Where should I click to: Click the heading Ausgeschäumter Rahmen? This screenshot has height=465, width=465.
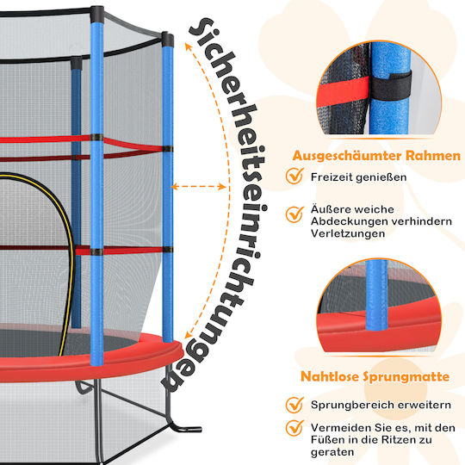(x=376, y=156)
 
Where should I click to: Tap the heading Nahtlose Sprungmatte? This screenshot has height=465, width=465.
(x=375, y=376)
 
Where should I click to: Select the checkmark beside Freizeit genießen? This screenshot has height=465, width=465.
(x=294, y=176)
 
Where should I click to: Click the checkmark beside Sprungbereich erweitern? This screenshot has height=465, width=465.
(x=294, y=405)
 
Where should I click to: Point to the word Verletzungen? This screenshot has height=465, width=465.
(x=348, y=233)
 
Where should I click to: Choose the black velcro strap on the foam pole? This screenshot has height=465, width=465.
(x=391, y=86)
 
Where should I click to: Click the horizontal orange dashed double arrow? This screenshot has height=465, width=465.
(x=198, y=187)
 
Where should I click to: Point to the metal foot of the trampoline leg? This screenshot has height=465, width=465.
(x=184, y=428)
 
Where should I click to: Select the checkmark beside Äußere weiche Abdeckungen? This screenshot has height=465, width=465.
(x=294, y=214)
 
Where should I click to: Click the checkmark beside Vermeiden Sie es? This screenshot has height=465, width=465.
(x=294, y=428)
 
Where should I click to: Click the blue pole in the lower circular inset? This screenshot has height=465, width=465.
(x=376, y=295)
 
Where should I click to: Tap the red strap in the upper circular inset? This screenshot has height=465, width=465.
(x=344, y=90)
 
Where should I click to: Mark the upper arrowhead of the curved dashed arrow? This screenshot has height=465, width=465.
(x=188, y=46)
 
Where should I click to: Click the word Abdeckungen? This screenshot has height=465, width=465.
(x=349, y=221)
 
